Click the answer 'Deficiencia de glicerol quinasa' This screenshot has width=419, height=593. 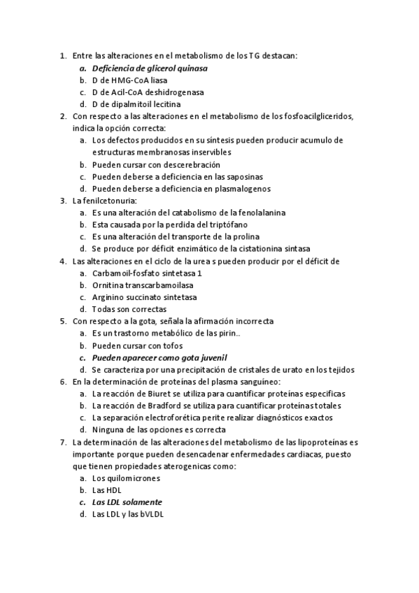[x=150, y=69]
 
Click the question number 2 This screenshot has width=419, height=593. [x=64, y=116]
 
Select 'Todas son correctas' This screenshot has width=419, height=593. [x=129, y=309]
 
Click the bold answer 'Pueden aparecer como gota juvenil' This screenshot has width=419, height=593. [x=159, y=357]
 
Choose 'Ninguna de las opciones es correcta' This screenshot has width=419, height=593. [x=159, y=429]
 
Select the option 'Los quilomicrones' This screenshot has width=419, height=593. [x=126, y=478]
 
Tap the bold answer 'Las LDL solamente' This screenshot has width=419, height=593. [x=127, y=502]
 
